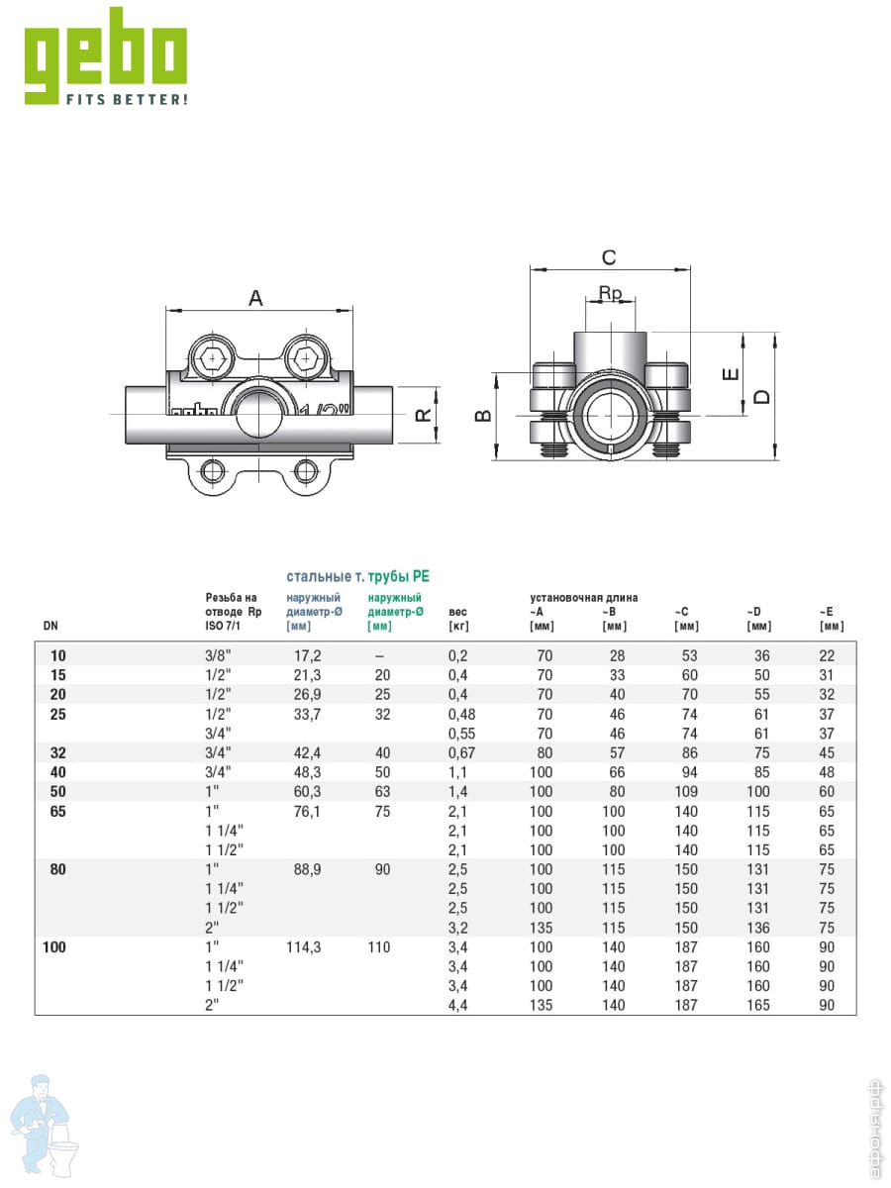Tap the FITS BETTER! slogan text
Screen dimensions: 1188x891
(x=126, y=100)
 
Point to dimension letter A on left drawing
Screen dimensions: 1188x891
(x=255, y=297)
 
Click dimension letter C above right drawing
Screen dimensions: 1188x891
(x=609, y=257)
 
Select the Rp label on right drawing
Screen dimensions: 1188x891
(x=610, y=293)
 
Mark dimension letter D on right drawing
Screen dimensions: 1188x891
(x=761, y=396)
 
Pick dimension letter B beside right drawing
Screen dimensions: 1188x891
(x=483, y=416)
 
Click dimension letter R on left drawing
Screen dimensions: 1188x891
(x=424, y=416)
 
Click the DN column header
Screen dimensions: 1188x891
(x=50, y=626)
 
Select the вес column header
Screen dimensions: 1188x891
(x=457, y=612)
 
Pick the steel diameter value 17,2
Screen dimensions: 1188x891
(x=308, y=655)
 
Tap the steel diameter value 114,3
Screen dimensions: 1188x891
(x=304, y=947)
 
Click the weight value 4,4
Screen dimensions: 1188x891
(x=458, y=1005)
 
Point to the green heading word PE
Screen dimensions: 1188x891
(x=421, y=575)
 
